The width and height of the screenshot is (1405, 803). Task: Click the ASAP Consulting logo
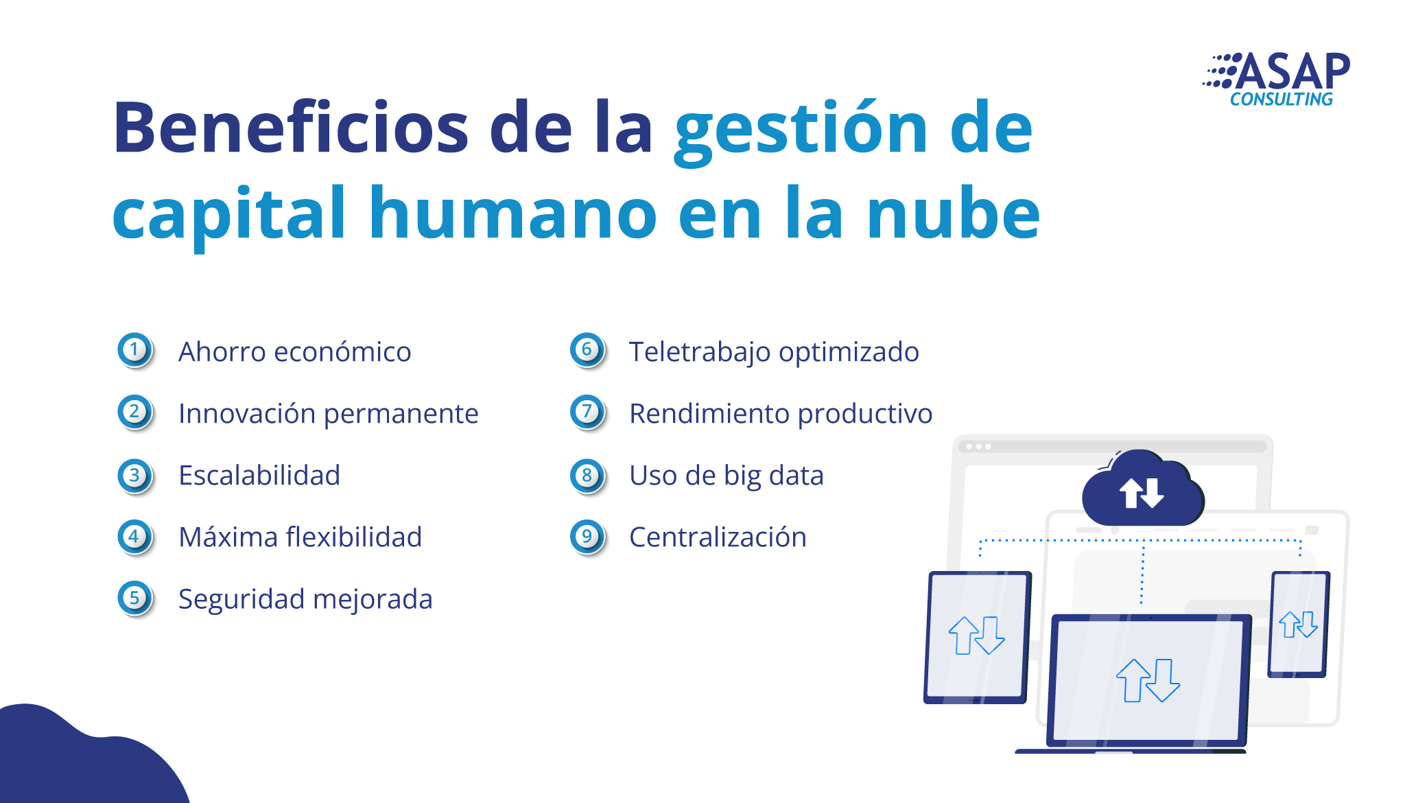click(1277, 80)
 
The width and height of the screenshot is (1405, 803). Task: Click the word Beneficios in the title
click(291, 128)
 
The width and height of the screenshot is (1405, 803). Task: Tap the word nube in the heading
click(954, 213)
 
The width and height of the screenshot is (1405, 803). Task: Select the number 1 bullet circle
click(135, 351)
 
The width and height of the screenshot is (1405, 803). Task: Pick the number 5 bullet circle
click(135, 598)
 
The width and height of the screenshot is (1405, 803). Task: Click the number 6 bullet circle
click(588, 351)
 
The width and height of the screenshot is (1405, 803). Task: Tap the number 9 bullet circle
click(588, 537)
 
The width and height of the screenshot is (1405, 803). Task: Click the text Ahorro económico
click(295, 351)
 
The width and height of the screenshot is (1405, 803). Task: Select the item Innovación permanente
click(329, 414)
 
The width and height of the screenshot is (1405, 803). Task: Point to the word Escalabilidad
click(259, 475)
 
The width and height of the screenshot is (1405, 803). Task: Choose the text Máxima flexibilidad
click(300, 537)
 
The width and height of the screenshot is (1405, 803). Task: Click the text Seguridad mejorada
click(306, 599)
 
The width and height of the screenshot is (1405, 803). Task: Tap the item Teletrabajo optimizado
click(775, 352)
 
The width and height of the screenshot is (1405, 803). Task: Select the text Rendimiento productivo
click(781, 414)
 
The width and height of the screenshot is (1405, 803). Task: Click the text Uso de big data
click(727, 476)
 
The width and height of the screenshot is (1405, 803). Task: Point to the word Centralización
click(718, 537)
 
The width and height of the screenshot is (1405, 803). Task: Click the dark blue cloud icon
click(1143, 489)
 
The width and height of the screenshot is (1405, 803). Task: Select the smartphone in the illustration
click(1299, 624)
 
